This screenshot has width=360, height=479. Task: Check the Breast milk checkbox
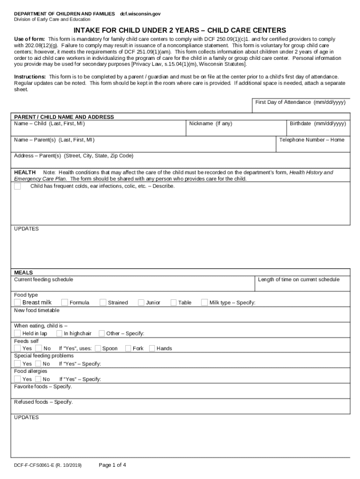coord(17,302)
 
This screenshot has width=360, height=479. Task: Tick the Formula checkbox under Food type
coord(65,302)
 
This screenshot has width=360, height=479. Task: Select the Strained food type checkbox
coord(103,302)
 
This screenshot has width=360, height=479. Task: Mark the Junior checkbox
coord(141,302)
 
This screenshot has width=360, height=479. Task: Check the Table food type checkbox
coord(173,302)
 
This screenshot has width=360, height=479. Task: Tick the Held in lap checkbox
coord(17,334)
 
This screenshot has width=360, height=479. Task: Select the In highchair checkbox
coord(59,334)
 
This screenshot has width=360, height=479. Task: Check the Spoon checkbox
coord(98,348)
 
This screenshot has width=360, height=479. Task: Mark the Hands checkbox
coord(152,348)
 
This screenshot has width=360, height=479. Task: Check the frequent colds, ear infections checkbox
coord(17,186)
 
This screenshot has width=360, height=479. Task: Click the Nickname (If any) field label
coord(210,124)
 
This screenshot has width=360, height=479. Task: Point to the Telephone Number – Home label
coord(311,140)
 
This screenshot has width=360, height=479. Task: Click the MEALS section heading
coord(23,272)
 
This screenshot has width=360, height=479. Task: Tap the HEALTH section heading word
coord(25,173)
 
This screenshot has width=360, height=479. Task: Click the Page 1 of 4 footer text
coord(112,465)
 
